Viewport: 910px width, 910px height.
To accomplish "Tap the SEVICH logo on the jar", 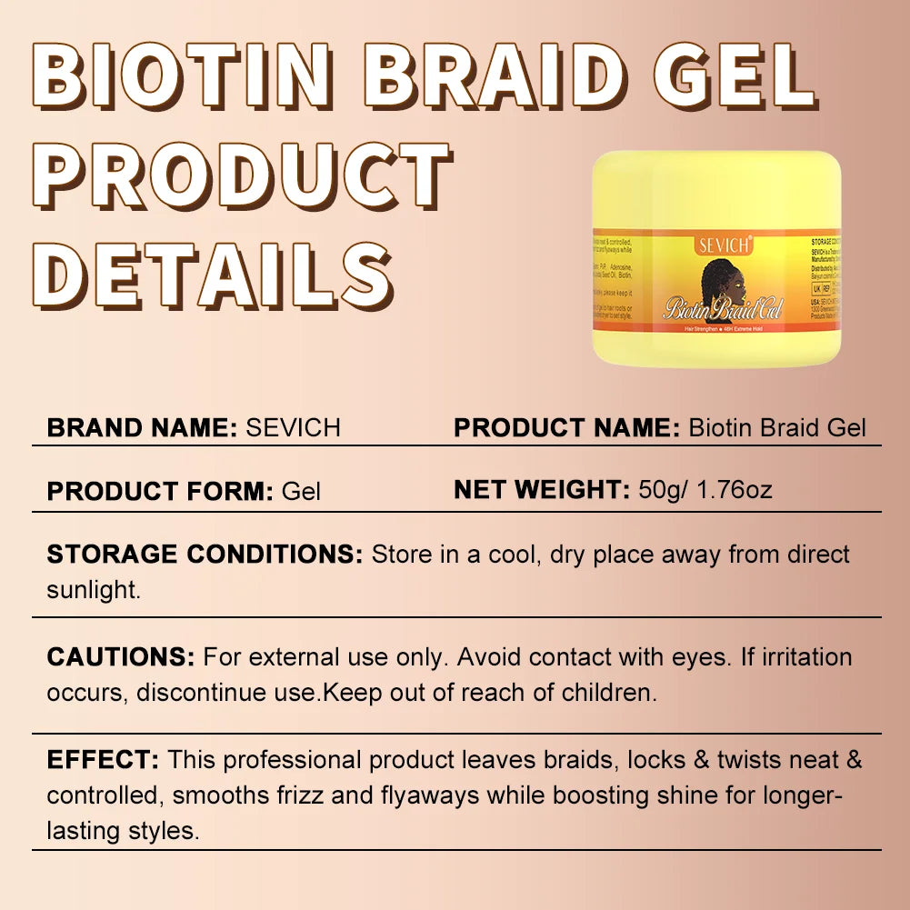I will (x=723, y=245).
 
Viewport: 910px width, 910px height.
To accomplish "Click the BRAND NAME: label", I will (x=142, y=427).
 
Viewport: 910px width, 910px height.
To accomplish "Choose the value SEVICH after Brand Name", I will (x=293, y=427).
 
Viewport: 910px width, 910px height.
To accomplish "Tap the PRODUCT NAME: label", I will (x=566, y=427).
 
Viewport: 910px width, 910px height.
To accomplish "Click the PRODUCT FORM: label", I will (x=160, y=492).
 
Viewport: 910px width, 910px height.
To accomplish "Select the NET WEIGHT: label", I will (x=542, y=490).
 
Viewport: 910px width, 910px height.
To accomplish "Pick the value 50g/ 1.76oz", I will (x=705, y=490).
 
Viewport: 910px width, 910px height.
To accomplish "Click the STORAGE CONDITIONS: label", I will (x=205, y=555).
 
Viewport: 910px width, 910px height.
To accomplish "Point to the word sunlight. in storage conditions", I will (x=95, y=589).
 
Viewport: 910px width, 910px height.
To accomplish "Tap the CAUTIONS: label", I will (x=121, y=656).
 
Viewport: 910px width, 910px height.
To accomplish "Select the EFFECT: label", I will (x=104, y=759).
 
